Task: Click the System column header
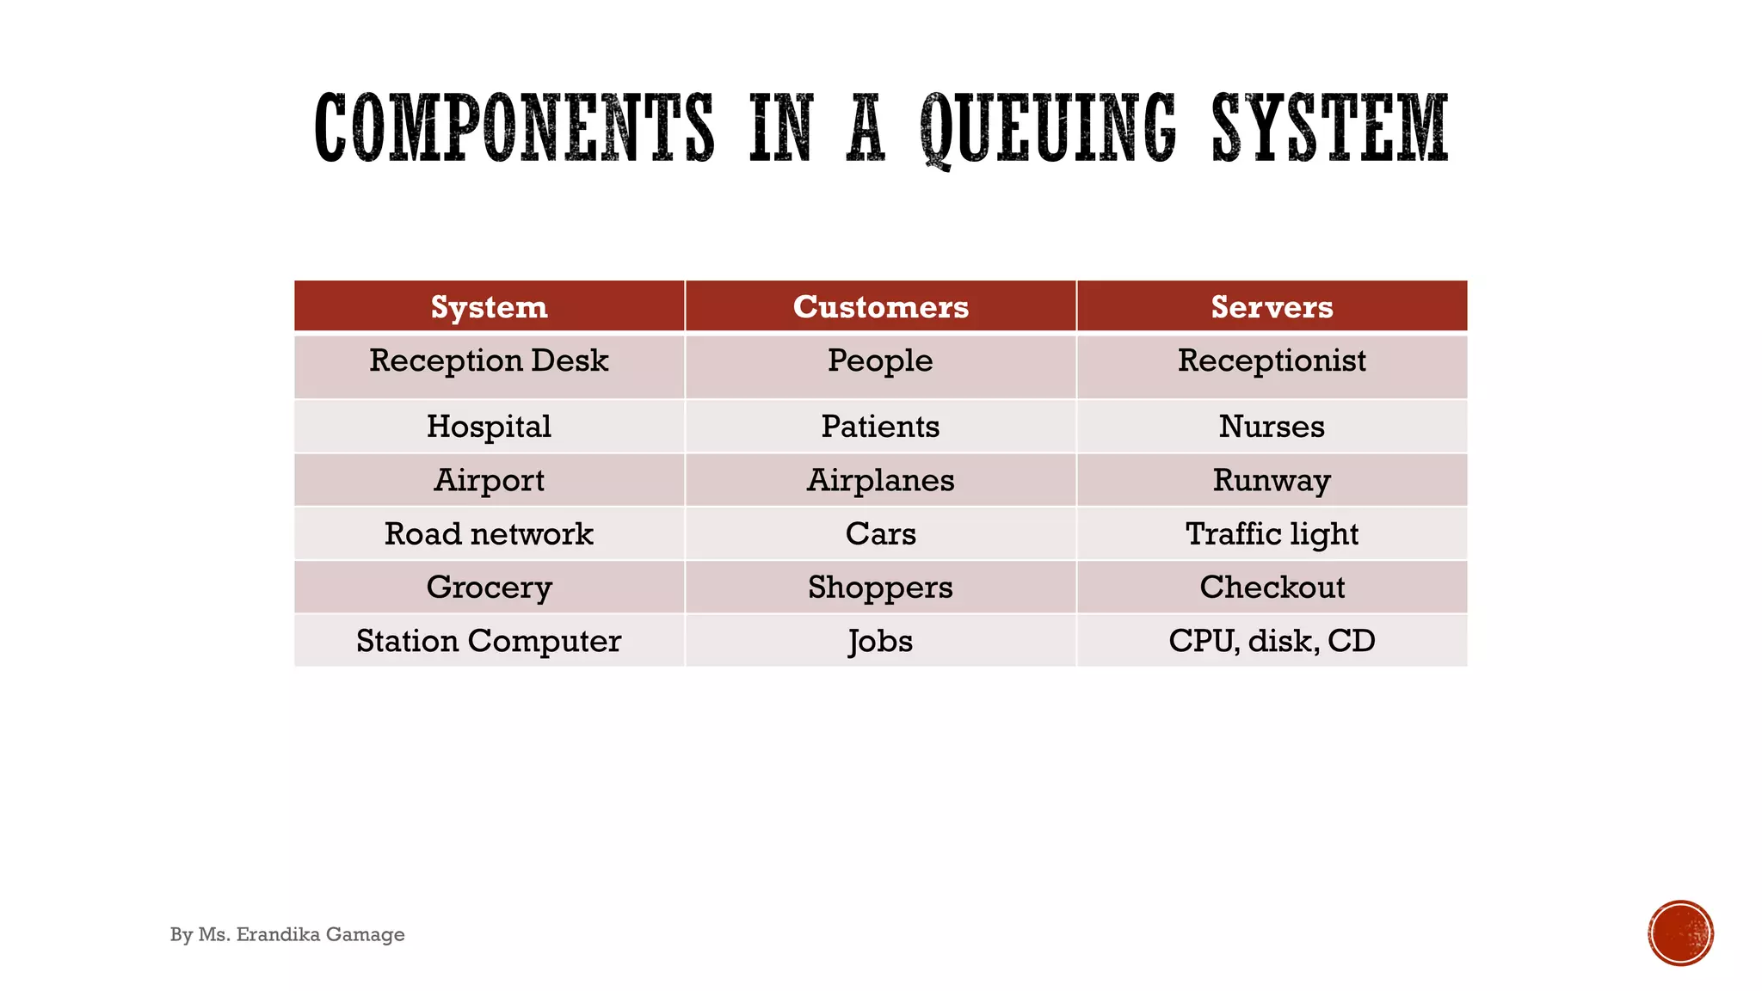(489, 307)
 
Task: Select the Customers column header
(880, 307)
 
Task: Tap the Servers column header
(1272, 307)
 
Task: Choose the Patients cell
(880, 427)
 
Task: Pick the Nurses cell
(1272, 427)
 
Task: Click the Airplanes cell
(880, 480)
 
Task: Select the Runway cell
(1272, 480)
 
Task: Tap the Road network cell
(489, 534)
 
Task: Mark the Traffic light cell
(1272, 534)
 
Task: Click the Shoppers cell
(880, 588)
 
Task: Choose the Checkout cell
(1272, 588)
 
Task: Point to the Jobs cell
(880, 641)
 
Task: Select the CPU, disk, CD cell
(1272, 641)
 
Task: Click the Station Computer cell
(489, 641)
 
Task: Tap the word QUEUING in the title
(1047, 129)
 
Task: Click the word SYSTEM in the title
(1330, 129)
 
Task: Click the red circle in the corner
(1680, 933)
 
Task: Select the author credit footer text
(287, 934)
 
